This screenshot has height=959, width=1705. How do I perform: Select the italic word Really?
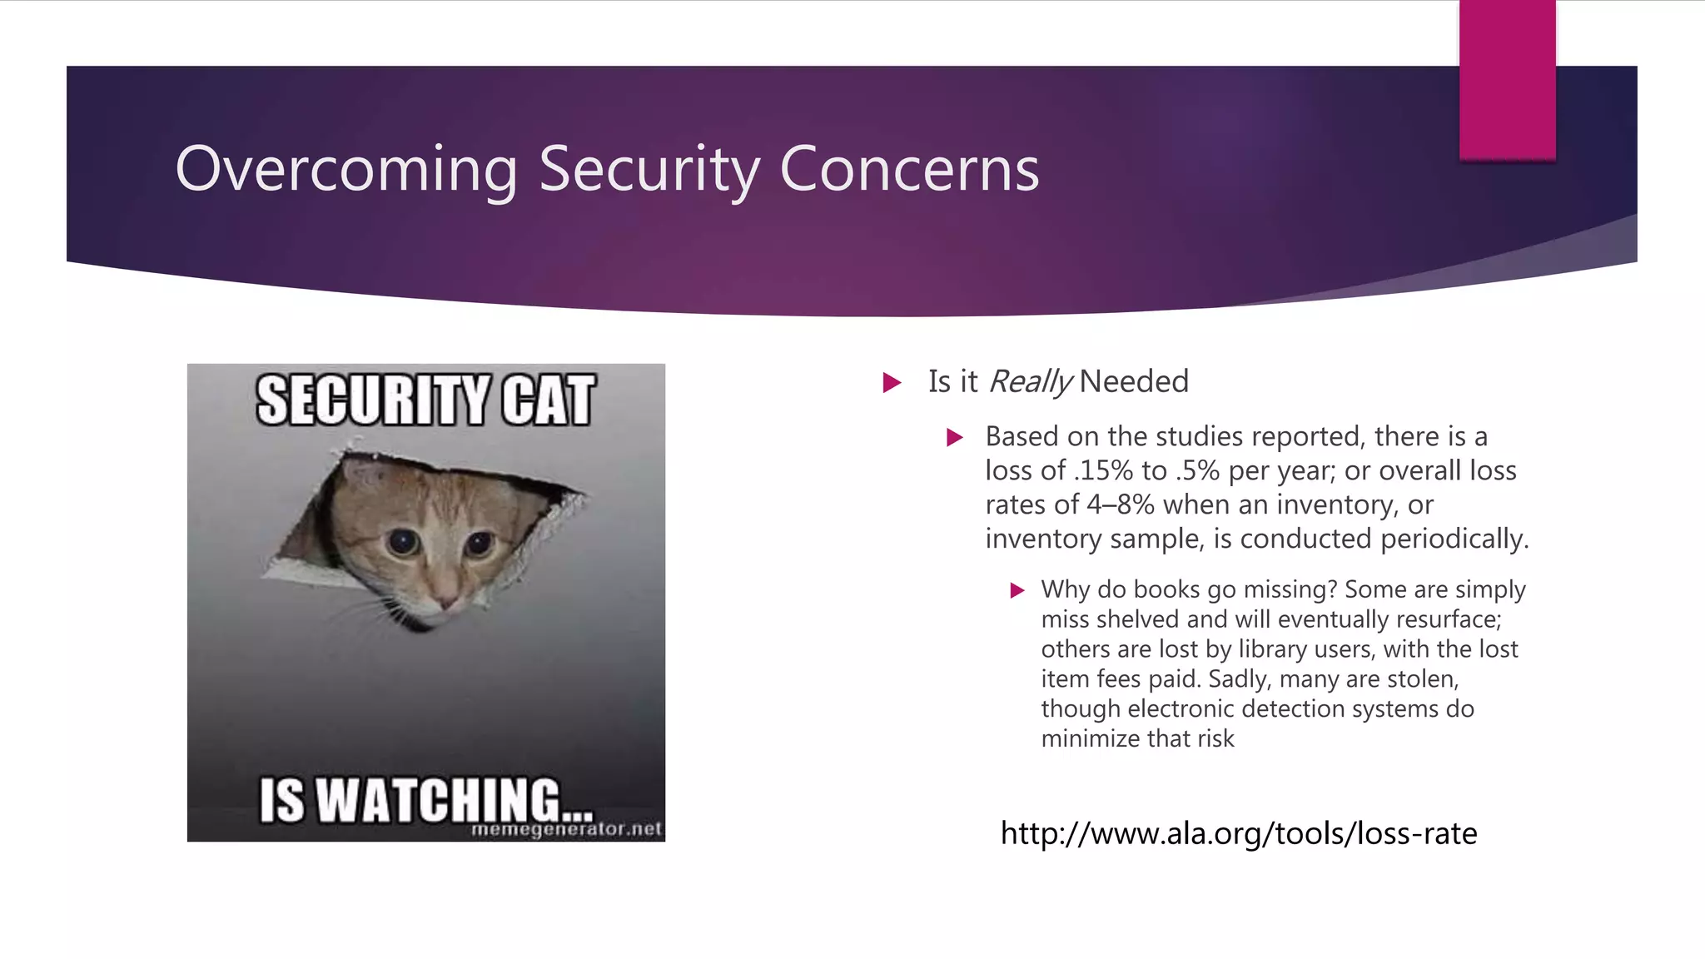pyautogui.click(x=1030, y=382)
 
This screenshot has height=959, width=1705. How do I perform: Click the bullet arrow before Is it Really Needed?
pyautogui.click(x=892, y=383)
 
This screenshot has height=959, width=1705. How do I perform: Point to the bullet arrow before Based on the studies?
pyautogui.click(x=955, y=438)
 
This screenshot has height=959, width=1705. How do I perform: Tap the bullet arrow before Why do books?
pyautogui.click(x=1017, y=591)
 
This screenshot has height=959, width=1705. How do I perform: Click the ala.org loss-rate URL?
pyautogui.click(x=1238, y=833)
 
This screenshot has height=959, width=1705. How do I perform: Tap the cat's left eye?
pyautogui.click(x=405, y=542)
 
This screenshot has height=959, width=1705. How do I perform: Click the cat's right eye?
pyautogui.click(x=479, y=544)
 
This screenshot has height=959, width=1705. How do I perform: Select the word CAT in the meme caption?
pyautogui.click(x=548, y=400)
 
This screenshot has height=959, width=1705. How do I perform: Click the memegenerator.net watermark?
pyautogui.click(x=566, y=830)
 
